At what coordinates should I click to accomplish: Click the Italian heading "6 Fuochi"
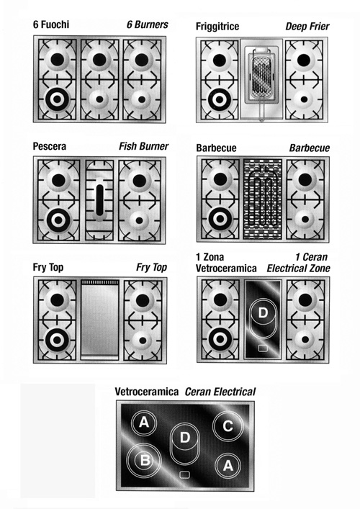(51, 24)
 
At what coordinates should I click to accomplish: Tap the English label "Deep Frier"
(307, 27)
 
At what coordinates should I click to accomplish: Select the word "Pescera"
(50, 146)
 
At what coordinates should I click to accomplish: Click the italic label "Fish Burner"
(143, 146)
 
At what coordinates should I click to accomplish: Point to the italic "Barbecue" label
(310, 148)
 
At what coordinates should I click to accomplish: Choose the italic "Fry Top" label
(152, 268)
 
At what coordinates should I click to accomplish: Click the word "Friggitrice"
(217, 27)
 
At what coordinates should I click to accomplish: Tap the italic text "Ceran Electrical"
(220, 392)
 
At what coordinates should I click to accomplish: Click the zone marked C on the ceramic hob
(228, 426)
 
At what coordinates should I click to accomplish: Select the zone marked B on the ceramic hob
(145, 460)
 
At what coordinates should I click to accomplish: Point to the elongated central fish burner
(99, 200)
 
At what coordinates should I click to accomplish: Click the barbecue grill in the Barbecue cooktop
(263, 199)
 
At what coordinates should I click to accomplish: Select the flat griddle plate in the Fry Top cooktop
(99, 320)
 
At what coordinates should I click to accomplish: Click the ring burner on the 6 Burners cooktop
(57, 99)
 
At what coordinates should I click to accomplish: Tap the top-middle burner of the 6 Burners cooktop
(99, 60)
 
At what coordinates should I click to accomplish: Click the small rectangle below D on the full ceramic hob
(184, 474)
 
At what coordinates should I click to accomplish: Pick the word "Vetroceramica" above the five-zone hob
(147, 392)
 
